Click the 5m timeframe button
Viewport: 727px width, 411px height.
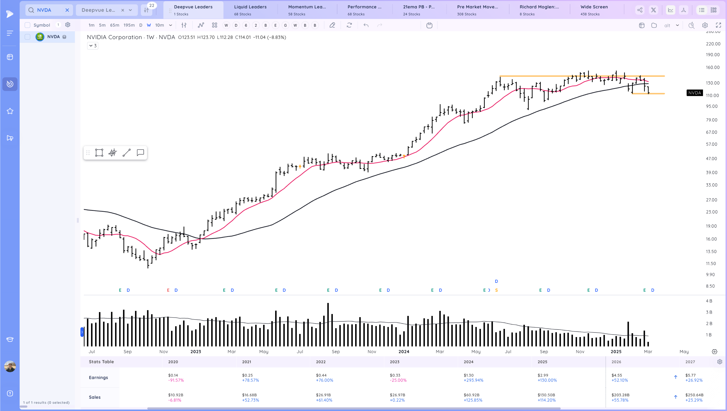pyautogui.click(x=102, y=25)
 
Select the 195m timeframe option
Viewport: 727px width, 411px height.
pyautogui.click(x=129, y=25)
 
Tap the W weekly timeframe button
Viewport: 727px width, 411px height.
pyautogui.click(x=149, y=25)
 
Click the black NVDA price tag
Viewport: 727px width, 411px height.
pyautogui.click(x=694, y=93)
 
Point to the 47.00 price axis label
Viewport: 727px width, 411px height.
pyautogui.click(x=711, y=159)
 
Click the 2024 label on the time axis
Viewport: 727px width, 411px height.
pyautogui.click(x=404, y=351)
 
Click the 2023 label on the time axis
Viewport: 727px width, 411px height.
pyautogui.click(x=196, y=351)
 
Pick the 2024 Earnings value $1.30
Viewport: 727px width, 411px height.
pyautogui.click(x=469, y=375)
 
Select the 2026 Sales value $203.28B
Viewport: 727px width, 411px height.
pyautogui.click(x=620, y=395)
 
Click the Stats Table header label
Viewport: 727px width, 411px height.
pyautogui.click(x=101, y=362)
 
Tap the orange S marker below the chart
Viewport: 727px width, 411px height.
pyautogui.click(x=496, y=290)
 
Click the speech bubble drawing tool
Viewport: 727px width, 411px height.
pyautogui.click(x=140, y=153)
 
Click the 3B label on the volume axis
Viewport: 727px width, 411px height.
pyautogui.click(x=709, y=312)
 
